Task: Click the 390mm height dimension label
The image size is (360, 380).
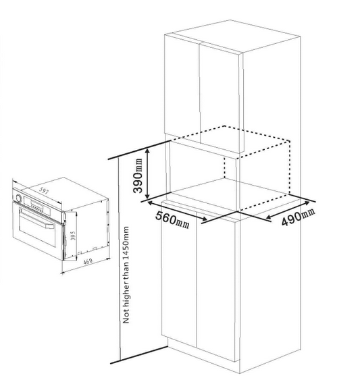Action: (138, 175)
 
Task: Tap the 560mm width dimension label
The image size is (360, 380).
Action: (172, 220)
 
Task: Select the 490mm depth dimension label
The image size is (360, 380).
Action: (299, 217)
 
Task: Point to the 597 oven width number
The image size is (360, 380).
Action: (44, 191)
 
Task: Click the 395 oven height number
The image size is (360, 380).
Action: (73, 236)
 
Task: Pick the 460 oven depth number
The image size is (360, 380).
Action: (88, 261)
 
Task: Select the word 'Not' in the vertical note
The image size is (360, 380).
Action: (126, 317)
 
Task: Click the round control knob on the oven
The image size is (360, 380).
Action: (18, 198)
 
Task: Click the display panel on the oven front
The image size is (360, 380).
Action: (37, 203)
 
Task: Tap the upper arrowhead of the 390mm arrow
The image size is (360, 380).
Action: (147, 151)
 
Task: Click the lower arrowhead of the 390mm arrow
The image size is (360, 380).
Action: (147, 196)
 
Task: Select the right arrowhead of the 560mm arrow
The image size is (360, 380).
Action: (204, 219)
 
